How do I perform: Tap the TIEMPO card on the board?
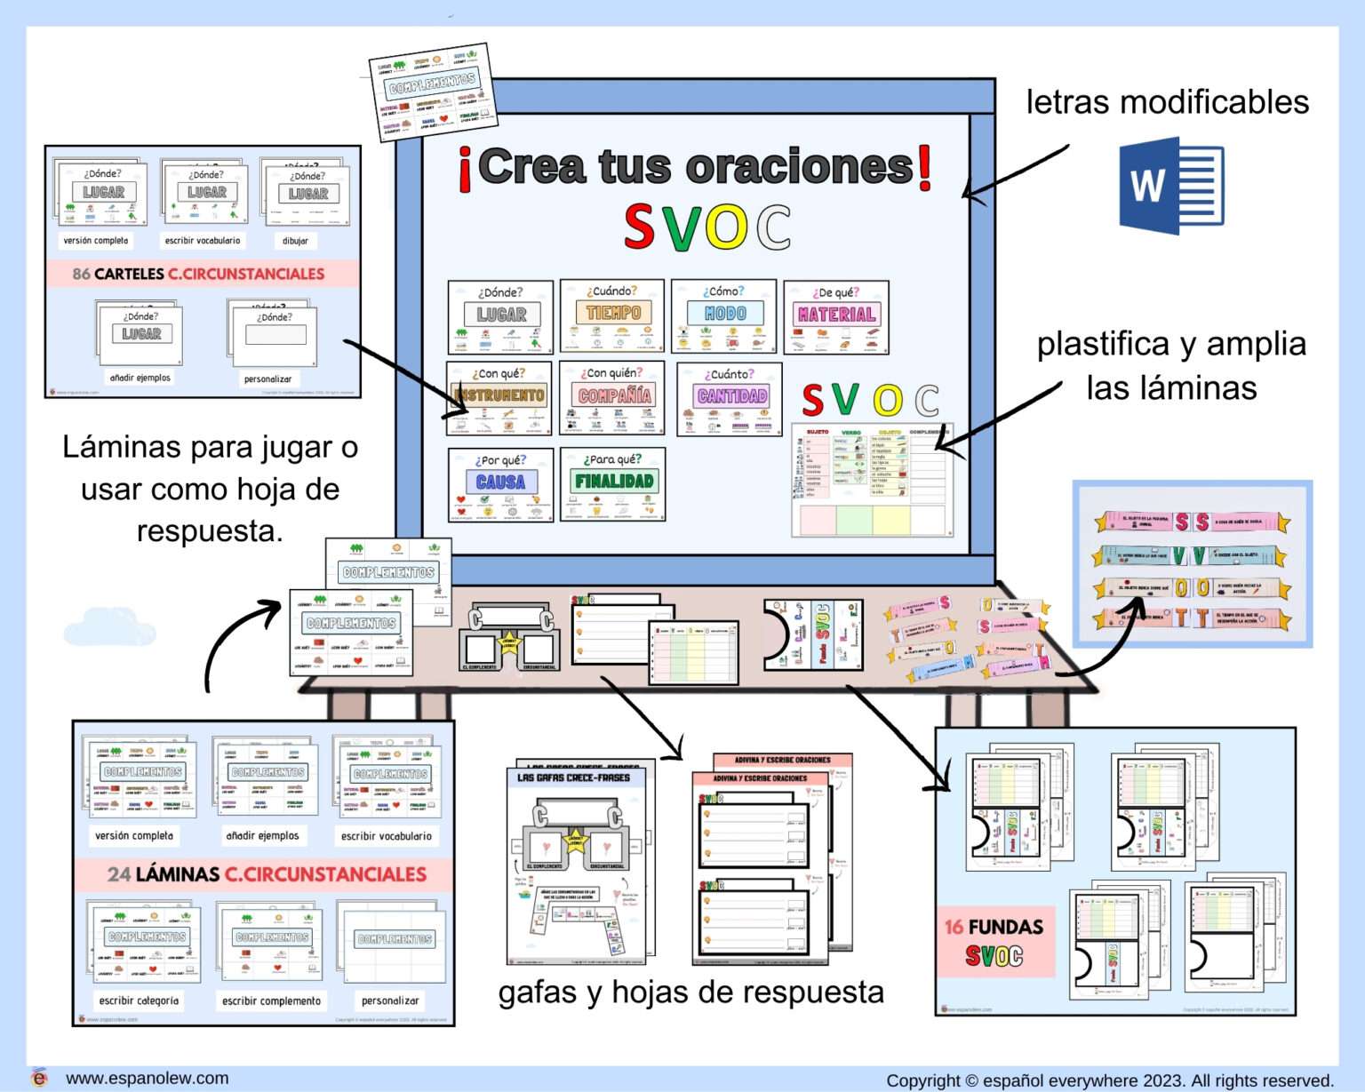tap(613, 317)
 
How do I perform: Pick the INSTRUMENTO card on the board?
tap(499, 398)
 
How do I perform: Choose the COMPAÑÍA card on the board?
tap(613, 398)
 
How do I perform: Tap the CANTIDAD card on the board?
tap(730, 398)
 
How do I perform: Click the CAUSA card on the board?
tap(501, 484)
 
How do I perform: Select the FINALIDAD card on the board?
tap(613, 484)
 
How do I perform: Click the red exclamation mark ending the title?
tap(924, 169)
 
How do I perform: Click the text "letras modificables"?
tap(1167, 102)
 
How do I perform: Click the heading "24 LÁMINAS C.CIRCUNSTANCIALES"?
tap(267, 874)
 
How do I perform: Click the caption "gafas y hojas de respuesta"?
tap(690, 992)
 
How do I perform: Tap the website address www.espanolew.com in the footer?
tap(147, 1078)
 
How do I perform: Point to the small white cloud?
tap(109, 626)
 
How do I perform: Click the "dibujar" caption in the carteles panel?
tap(295, 241)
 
